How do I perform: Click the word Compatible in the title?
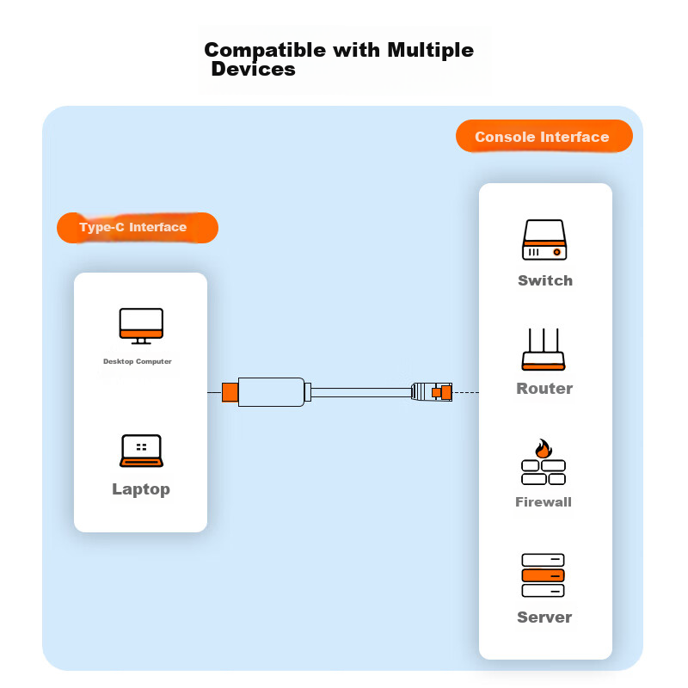[x=266, y=50]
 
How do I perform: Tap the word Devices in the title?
[x=253, y=70]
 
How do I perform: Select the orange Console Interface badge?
[x=543, y=137]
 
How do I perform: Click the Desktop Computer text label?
[x=138, y=362]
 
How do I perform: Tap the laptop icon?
[x=141, y=451]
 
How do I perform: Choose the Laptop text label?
[x=141, y=489]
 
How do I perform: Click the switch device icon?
[x=544, y=240]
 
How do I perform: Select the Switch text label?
[x=544, y=280]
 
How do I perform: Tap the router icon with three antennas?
[x=544, y=350]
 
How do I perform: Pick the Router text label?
[x=544, y=389]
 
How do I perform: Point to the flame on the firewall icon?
[x=543, y=448]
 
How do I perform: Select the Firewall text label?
[x=544, y=502]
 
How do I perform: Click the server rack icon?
[x=544, y=575]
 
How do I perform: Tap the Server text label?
[x=544, y=617]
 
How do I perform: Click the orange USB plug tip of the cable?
[x=230, y=392]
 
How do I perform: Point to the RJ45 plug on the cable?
[x=431, y=392]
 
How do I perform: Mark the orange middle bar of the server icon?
[x=544, y=575]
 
